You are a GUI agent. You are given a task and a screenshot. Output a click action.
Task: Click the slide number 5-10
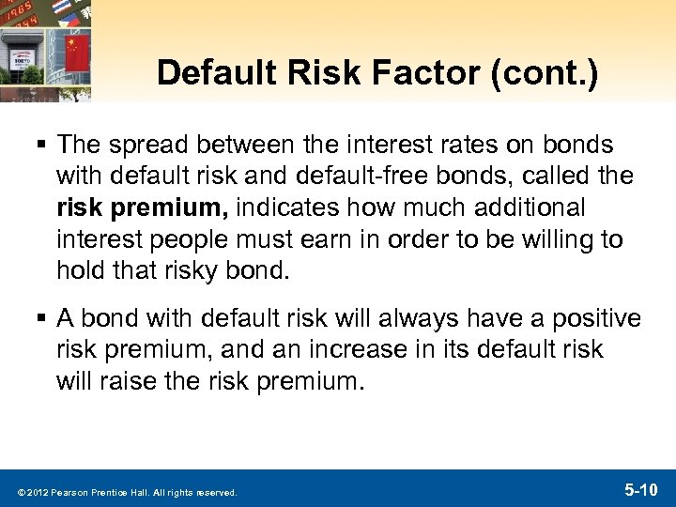coord(643,489)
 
